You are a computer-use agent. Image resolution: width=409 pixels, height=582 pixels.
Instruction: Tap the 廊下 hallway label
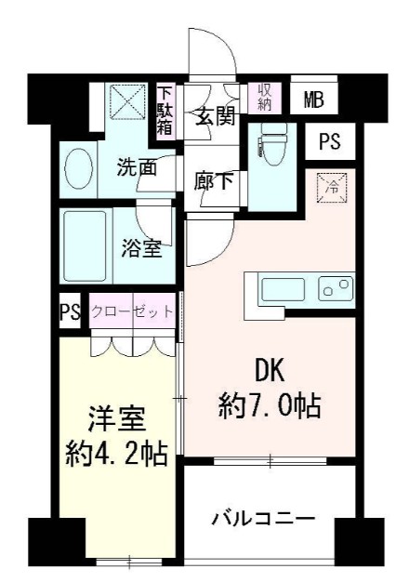pos(214,181)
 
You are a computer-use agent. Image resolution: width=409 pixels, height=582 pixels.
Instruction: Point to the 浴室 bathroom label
pos(141,248)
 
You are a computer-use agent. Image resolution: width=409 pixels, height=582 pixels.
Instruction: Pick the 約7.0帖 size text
pos(270,404)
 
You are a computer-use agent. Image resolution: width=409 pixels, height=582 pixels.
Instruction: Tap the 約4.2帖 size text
pos(115,455)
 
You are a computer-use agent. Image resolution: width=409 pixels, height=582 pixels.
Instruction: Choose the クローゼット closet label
pos(132,311)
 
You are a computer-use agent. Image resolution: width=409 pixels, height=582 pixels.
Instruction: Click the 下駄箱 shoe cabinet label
pos(165,110)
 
